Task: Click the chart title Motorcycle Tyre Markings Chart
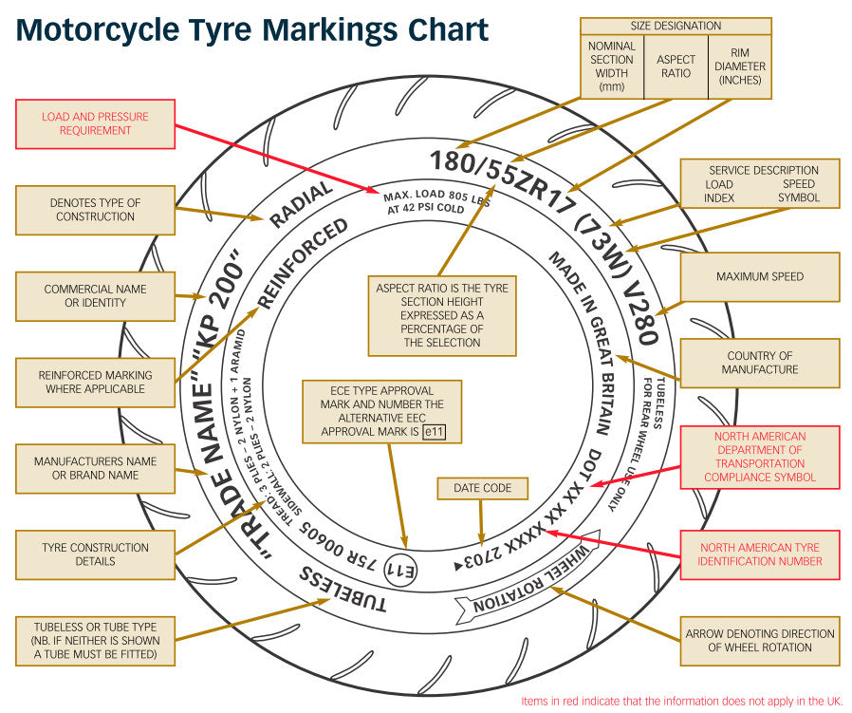click(252, 30)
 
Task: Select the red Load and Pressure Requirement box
click(95, 124)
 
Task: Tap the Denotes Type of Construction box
click(95, 210)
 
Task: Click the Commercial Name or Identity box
click(95, 296)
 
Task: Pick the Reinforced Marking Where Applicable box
click(95, 383)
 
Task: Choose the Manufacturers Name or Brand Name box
click(95, 468)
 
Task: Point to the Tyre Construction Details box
click(95, 554)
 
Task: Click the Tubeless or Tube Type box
click(95, 641)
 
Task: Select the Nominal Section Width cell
click(611, 66)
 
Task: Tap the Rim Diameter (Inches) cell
click(740, 66)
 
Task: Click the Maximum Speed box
click(759, 277)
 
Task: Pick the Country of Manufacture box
click(759, 363)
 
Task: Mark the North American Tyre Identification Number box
click(759, 554)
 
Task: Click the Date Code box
click(481, 488)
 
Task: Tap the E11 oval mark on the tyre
click(405, 571)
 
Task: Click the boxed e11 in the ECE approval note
click(434, 431)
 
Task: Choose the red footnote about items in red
click(681, 702)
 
